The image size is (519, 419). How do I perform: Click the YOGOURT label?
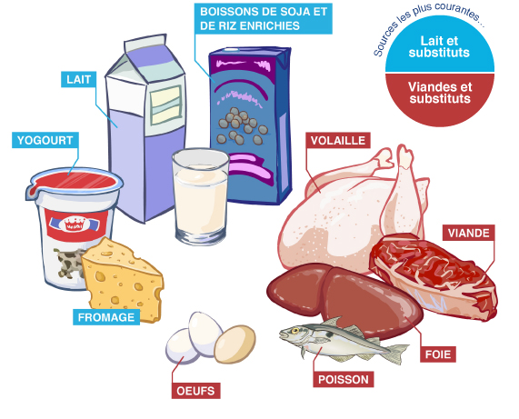(45, 140)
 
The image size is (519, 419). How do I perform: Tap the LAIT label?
(78, 79)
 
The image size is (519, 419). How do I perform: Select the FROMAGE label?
(106, 317)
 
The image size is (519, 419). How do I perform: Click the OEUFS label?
(195, 391)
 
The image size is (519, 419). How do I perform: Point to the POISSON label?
(344, 379)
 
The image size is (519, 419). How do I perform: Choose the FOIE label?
(438, 354)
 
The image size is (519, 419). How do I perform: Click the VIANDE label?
(469, 233)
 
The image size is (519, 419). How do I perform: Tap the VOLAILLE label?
(338, 140)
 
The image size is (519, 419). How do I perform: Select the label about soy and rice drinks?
(264, 18)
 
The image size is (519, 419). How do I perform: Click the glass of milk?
(201, 196)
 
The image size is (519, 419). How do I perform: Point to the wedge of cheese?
(123, 280)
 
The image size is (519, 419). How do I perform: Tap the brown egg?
(235, 344)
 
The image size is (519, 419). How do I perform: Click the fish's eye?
(294, 330)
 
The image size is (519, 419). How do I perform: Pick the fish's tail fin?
(397, 354)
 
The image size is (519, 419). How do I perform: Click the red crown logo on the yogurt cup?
(75, 224)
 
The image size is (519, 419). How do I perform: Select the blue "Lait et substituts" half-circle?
(440, 44)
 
